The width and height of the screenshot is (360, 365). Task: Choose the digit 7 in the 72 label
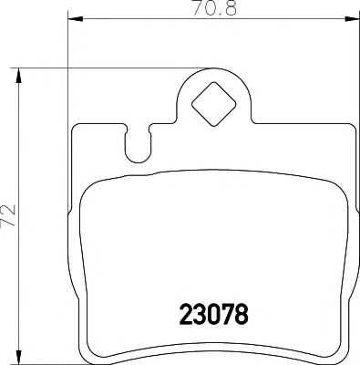[x=9, y=220]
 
